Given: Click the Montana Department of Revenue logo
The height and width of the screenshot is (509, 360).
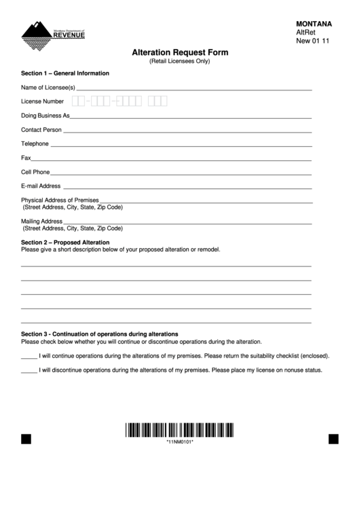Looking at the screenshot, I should (x=53, y=34).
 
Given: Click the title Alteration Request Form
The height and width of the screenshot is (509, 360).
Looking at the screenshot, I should (x=179, y=52).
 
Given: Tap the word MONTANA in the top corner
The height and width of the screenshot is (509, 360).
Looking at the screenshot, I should (x=314, y=23).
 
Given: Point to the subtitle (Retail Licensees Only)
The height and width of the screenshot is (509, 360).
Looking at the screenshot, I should (x=179, y=62).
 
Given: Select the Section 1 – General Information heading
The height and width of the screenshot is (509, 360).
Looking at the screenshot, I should (x=65, y=73).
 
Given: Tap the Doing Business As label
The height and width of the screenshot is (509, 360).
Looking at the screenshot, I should (x=46, y=116).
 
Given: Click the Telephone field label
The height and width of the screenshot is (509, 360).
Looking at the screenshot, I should (x=35, y=144).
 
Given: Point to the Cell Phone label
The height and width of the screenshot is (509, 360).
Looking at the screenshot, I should (x=35, y=173).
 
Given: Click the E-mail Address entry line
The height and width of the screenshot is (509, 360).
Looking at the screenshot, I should (x=187, y=187).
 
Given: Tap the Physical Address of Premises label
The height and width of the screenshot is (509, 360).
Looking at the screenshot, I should (x=60, y=200).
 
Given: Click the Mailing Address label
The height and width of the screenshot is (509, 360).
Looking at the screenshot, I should (x=42, y=222).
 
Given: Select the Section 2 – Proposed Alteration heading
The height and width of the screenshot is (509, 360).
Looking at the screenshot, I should (x=65, y=243).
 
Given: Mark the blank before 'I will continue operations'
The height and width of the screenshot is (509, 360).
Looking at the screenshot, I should (x=29, y=356).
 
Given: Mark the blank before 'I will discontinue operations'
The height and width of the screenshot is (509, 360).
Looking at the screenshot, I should (x=29, y=371).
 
